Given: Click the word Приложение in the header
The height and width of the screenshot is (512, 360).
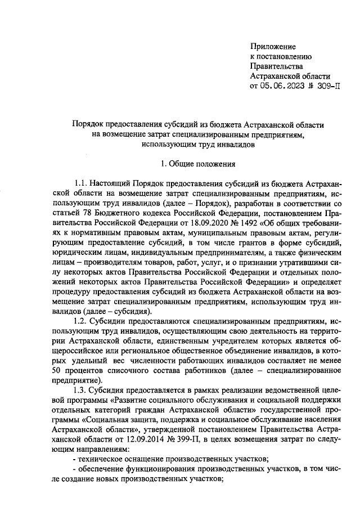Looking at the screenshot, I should click(x=273, y=47).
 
